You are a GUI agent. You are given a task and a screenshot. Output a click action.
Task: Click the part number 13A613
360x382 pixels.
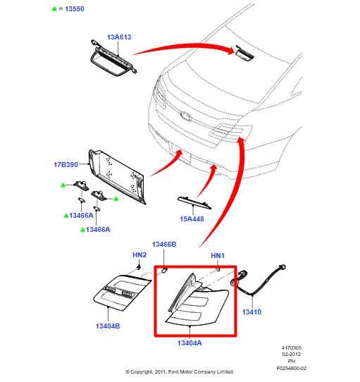point(119,37)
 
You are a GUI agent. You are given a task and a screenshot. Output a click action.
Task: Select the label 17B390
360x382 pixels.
point(66,164)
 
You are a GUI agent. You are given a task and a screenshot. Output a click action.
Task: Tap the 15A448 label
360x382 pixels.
point(192,218)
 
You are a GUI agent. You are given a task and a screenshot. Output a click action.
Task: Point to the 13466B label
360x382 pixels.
point(164,245)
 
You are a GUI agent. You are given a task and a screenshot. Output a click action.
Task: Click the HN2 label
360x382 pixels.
point(139,255)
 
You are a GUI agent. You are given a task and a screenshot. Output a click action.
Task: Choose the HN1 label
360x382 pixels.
point(218,256)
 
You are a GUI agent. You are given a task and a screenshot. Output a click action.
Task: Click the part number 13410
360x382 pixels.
point(252,312)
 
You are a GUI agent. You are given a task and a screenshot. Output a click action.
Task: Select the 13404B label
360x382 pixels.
point(108,326)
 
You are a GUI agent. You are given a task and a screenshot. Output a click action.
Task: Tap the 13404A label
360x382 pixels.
point(190,343)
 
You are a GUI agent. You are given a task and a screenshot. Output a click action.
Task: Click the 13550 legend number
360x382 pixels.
point(75,8)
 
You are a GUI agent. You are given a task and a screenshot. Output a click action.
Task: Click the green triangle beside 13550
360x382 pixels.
point(54,8)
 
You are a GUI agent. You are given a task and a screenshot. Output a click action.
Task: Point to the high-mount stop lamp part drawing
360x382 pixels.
point(113,58)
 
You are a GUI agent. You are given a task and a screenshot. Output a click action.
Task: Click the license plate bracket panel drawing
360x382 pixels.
point(118,176)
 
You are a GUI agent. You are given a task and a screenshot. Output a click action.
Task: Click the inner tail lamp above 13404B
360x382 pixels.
point(122,292)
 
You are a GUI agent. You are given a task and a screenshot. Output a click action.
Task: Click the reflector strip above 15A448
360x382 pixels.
point(194,203)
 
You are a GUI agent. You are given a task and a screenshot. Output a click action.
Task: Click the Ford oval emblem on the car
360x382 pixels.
point(186,116)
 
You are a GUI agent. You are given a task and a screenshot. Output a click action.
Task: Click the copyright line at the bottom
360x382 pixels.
point(179,371)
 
